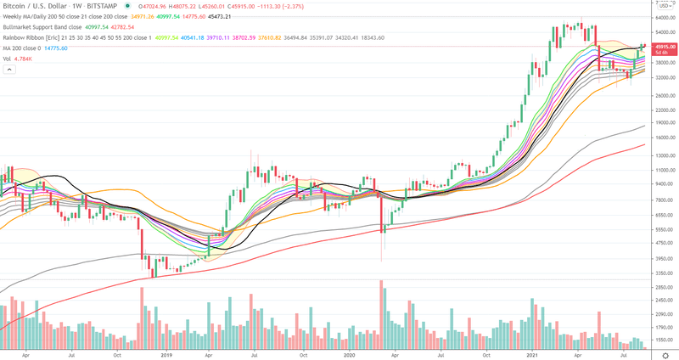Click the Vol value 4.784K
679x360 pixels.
[x=27, y=59]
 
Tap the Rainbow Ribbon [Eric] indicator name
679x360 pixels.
[x=36, y=38]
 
